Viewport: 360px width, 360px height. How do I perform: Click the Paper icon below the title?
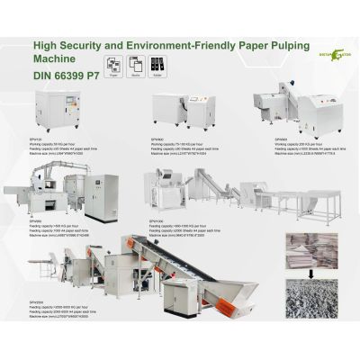coord(114,65)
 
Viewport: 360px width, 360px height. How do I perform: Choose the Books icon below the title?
coord(133,65)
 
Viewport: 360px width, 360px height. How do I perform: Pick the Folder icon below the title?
coord(152,65)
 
